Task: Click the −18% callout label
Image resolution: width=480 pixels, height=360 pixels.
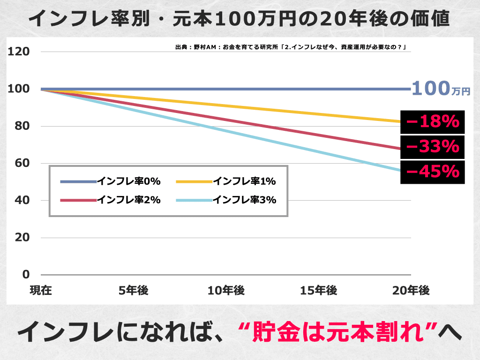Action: click(x=433, y=122)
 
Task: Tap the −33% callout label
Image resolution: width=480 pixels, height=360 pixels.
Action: click(x=433, y=147)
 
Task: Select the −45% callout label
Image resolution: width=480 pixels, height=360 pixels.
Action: click(x=433, y=172)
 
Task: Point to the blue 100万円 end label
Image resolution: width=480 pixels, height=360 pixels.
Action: click(x=441, y=89)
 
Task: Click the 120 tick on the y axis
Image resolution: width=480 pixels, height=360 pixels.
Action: click(x=20, y=52)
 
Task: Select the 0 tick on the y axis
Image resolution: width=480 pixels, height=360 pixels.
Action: click(x=26, y=274)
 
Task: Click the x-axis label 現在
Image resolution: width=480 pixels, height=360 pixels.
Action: click(x=41, y=291)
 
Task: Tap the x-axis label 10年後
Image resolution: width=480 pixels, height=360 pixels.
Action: click(x=226, y=291)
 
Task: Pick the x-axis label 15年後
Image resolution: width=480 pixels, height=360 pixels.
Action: click(x=319, y=291)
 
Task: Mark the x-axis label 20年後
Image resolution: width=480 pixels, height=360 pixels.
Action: click(x=411, y=291)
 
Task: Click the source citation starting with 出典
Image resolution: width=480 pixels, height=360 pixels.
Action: click(x=290, y=47)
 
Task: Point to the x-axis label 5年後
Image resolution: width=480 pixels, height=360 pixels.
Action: click(x=134, y=291)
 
